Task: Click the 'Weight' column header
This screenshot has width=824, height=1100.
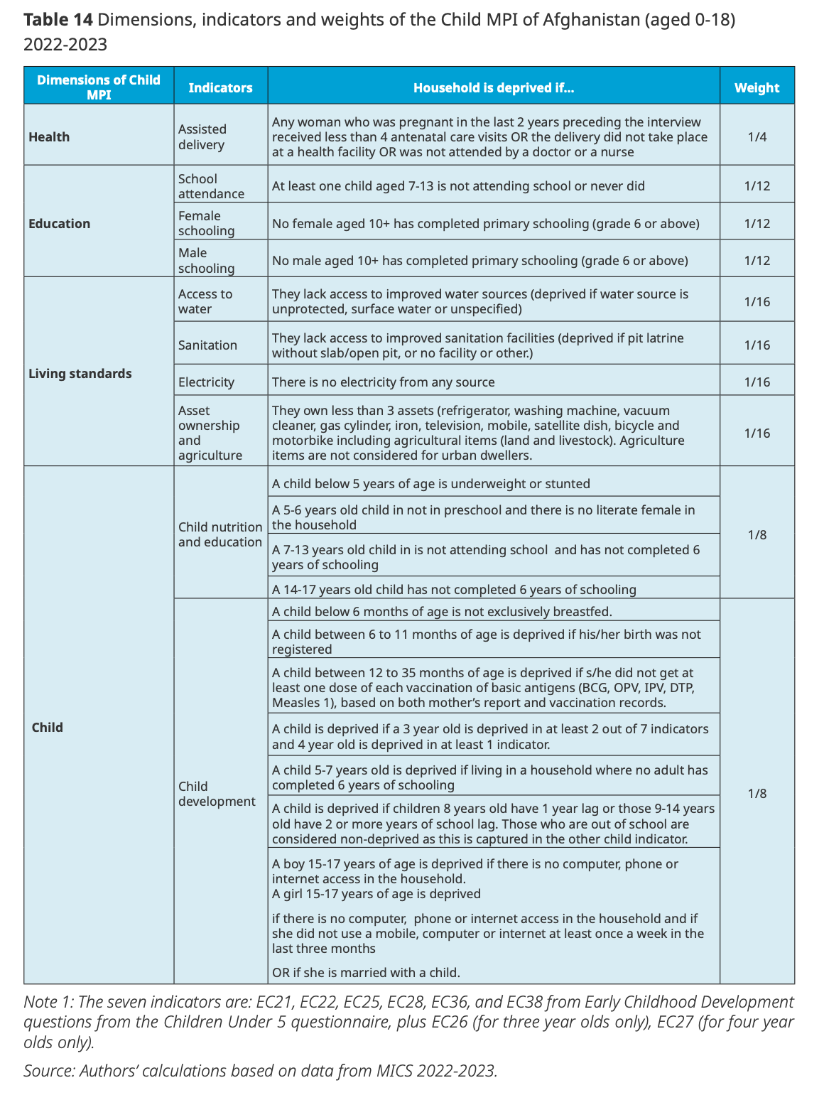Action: (757, 88)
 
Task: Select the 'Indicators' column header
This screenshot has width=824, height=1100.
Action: (220, 88)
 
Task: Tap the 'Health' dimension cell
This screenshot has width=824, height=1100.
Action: (49, 137)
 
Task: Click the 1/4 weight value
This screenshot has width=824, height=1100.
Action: (757, 136)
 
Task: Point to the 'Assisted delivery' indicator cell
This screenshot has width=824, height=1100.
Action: (202, 137)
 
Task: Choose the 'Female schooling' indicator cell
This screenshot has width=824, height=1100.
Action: (206, 223)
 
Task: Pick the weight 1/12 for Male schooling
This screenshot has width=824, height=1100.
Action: (757, 261)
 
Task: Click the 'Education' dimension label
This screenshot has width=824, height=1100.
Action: (60, 224)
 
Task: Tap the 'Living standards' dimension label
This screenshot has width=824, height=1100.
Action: (80, 374)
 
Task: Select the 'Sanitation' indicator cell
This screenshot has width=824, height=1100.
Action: (207, 345)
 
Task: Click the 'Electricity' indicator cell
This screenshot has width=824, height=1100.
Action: (206, 382)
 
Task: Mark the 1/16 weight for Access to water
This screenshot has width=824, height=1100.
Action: (757, 302)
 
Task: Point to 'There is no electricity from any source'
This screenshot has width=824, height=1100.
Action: (384, 382)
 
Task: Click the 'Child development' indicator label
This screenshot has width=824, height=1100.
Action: (217, 794)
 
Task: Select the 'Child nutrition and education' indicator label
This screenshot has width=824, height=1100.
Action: (220, 534)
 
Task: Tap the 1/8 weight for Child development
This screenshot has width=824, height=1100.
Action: (757, 794)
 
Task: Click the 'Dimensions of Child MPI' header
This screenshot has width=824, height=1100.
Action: (99, 87)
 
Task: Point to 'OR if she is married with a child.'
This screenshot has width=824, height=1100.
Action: (366, 973)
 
